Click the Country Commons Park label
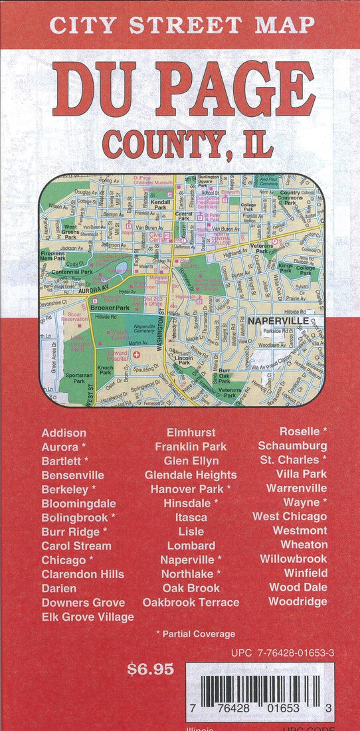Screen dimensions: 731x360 [x=291, y=197]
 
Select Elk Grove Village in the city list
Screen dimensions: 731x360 [x=88, y=617]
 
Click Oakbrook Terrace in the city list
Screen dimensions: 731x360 [x=191, y=602]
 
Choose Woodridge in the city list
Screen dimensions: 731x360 [x=298, y=601]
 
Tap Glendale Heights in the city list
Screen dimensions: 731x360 [x=191, y=474]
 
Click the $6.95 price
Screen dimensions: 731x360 [x=150, y=669]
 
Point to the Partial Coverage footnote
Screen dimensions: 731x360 [x=195, y=634]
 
